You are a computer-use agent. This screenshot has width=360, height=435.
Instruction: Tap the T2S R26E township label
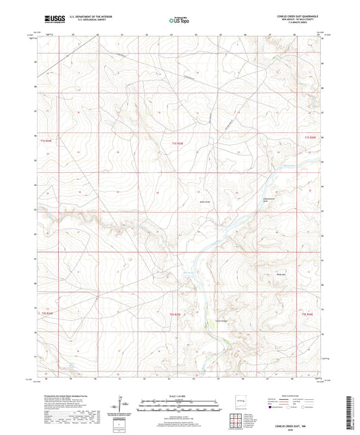point(308,314)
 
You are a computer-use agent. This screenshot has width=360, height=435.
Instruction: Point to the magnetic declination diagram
point(124,407)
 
